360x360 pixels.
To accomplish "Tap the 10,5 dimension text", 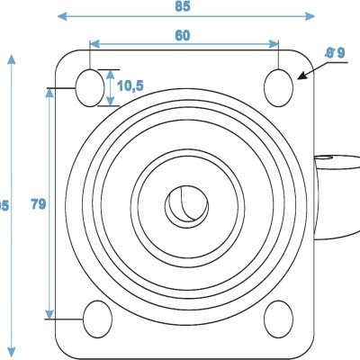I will tap(130, 85).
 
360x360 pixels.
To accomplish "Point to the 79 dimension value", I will tap(38, 204).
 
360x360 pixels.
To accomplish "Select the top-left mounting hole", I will tap(90, 85).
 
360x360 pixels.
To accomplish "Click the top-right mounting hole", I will tap(280, 85).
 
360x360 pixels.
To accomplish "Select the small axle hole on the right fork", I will tap(323, 161).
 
